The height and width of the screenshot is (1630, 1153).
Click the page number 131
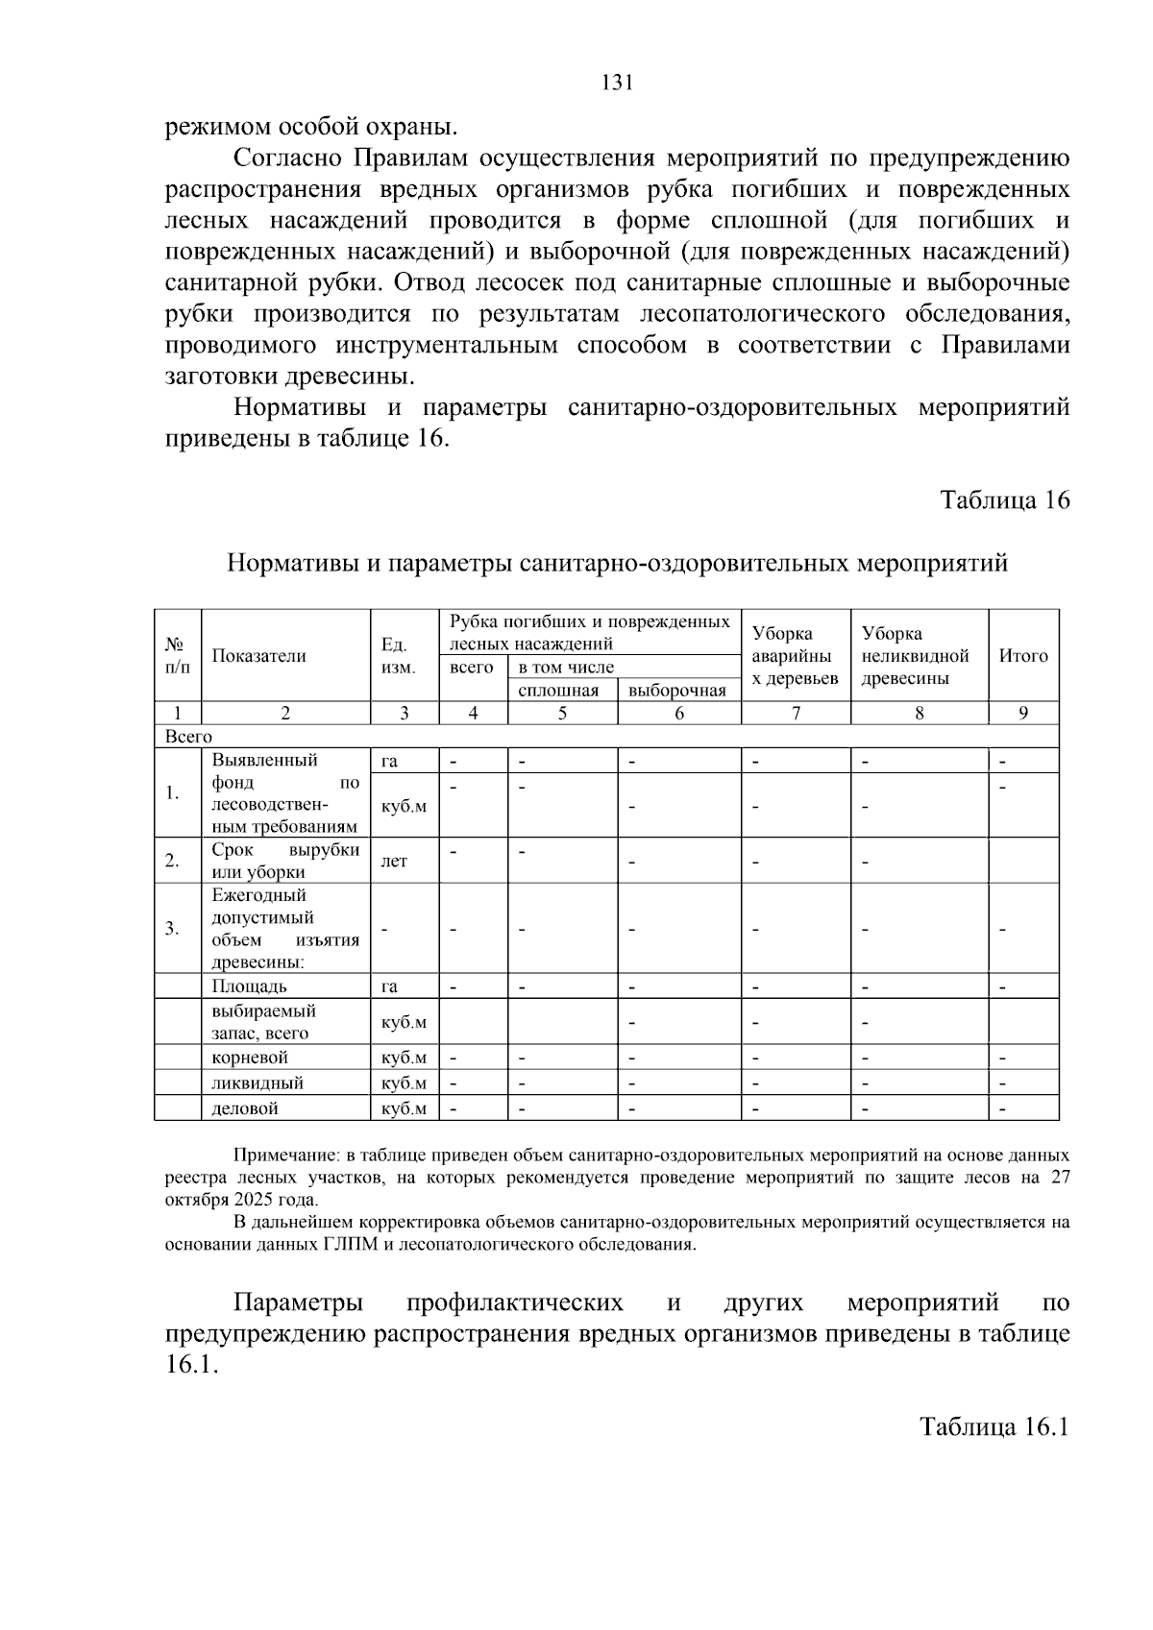coord(617,83)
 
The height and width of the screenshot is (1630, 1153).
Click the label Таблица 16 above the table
coord(1004,500)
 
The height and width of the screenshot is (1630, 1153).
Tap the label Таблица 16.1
coord(994,1426)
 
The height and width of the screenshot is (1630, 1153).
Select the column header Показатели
coord(258,656)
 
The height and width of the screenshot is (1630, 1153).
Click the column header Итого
coord(1023,656)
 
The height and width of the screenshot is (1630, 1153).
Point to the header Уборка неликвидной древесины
coord(915,656)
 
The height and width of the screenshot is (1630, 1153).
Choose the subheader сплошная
coord(558,691)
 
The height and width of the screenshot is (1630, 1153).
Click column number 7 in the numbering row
coord(796,713)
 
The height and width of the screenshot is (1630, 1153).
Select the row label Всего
coord(188,737)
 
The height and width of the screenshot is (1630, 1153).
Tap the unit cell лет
coord(394,862)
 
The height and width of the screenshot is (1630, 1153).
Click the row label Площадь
coord(249,986)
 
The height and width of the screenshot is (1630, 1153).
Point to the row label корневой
coord(250,1058)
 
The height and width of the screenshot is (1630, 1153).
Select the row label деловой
coord(245,1108)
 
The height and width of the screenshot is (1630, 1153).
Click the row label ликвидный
coord(258,1083)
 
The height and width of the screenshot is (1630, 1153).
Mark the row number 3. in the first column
coord(172,929)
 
